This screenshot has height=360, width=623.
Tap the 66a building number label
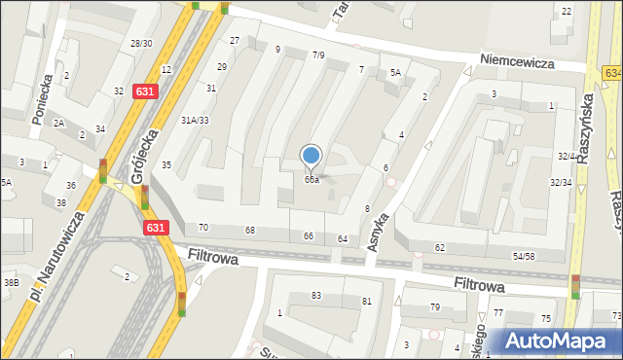[x=311, y=179]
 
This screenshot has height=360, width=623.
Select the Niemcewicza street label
[x=523, y=61]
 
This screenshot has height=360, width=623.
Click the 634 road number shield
[x=612, y=73]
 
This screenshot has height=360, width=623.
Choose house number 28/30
[x=141, y=44]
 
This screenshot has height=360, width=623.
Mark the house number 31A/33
[x=195, y=120]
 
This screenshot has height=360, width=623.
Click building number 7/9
[x=318, y=55]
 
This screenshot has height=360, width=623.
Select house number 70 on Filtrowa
[x=203, y=228]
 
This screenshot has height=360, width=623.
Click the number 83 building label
[x=316, y=295]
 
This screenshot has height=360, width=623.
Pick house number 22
[x=567, y=11]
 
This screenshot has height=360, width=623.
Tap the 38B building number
[x=11, y=282]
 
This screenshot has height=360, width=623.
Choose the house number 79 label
[x=435, y=307]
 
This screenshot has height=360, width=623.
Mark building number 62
[x=440, y=248]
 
